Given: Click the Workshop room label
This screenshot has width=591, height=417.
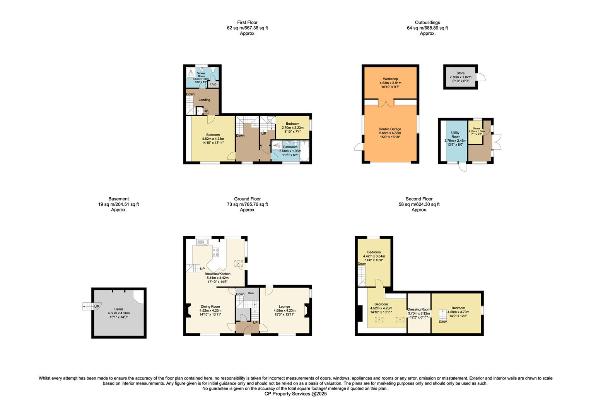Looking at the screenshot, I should click(390, 79).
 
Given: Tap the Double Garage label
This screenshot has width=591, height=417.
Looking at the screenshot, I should click(390, 129).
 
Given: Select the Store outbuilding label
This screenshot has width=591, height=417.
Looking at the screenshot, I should click(460, 73).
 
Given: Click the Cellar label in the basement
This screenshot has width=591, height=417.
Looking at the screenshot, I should click(118, 309).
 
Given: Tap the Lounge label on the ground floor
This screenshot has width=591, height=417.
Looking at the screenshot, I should click(284, 307).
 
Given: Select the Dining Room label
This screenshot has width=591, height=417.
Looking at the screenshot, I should click(210, 307).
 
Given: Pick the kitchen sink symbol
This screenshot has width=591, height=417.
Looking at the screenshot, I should click(202, 242).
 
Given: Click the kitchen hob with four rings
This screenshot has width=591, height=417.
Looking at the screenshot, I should click(215, 252).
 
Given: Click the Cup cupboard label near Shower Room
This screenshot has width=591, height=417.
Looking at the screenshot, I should click(213, 84).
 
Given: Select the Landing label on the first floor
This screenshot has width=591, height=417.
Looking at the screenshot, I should click(204, 100).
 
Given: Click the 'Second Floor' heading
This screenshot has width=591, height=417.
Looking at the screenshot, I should click(419, 199).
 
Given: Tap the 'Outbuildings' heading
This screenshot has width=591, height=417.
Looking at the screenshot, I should click(427, 22).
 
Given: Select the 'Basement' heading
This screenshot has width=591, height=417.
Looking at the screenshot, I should click(119, 199).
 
